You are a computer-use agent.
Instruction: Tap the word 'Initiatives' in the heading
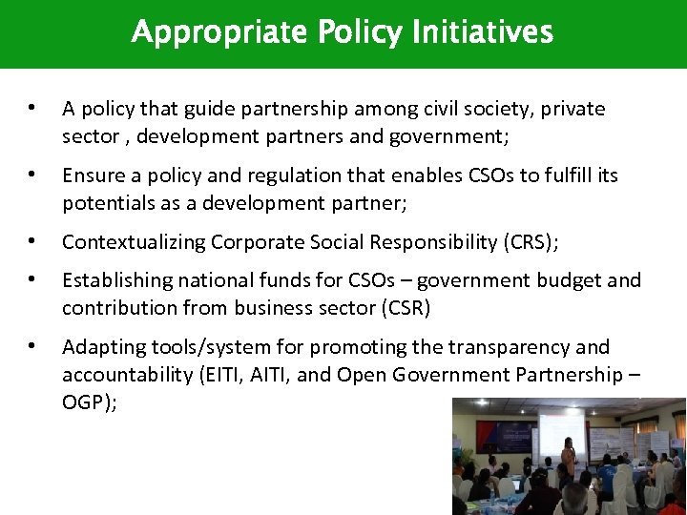[x=482, y=33]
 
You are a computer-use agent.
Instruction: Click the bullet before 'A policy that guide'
[x=32, y=109]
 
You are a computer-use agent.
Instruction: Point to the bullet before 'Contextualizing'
[x=32, y=242]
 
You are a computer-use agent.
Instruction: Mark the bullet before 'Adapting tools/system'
[x=32, y=347]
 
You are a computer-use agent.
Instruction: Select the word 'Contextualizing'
[x=134, y=242]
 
